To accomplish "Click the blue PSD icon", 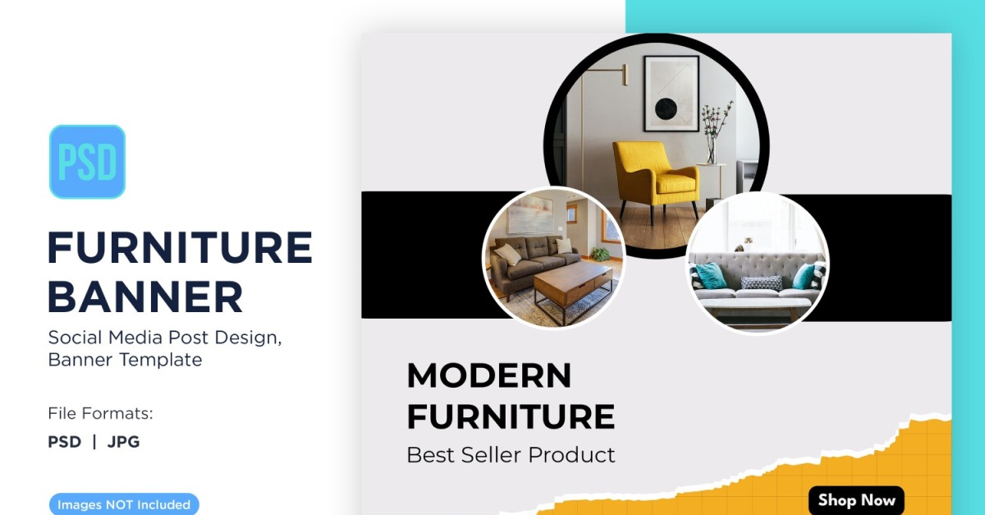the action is click(88, 162).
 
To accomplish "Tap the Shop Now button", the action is click(856, 500).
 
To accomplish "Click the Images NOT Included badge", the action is click(124, 504).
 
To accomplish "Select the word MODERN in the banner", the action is click(489, 375).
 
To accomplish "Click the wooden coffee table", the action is click(573, 287).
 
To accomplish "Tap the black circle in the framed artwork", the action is click(666, 108).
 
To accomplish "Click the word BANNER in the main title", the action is click(145, 297).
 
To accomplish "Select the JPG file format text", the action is click(124, 442).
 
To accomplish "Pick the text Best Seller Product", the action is click(511, 455).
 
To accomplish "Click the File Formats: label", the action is click(100, 413).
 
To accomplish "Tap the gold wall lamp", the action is click(612, 76).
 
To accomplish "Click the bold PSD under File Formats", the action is click(65, 442).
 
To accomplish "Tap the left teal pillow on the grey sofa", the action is click(710, 275).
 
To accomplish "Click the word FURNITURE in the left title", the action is click(180, 247).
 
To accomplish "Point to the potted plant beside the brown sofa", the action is click(600, 254).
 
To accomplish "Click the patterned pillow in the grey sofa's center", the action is click(761, 283).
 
